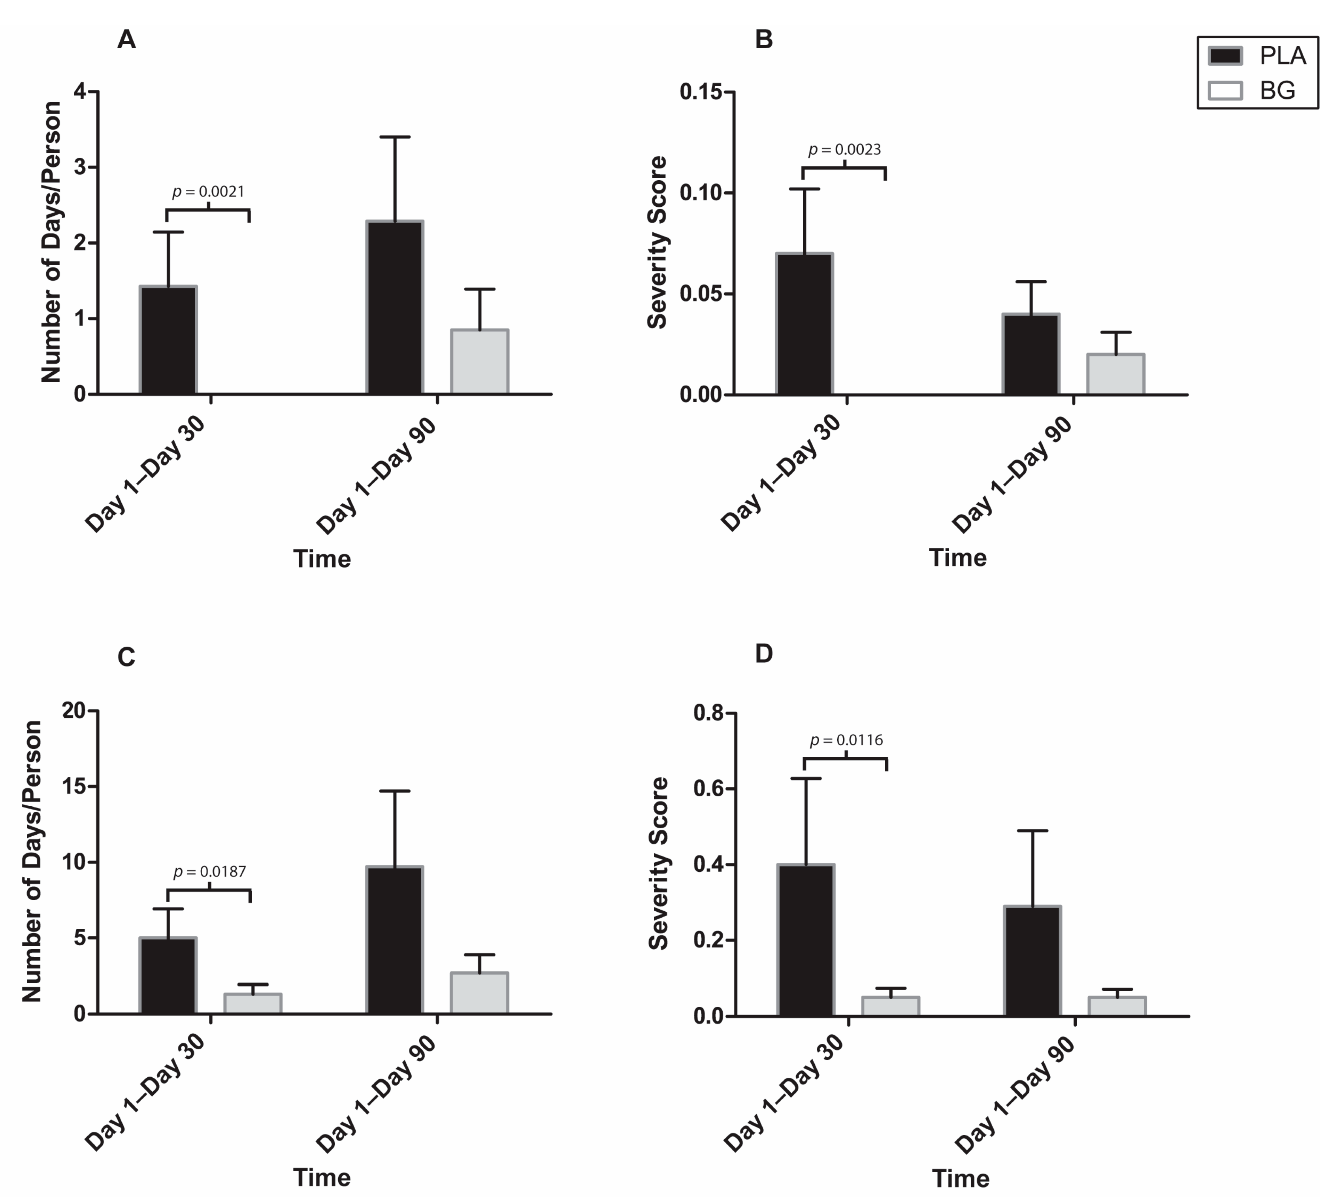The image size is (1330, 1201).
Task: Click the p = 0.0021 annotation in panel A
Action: pos(209,192)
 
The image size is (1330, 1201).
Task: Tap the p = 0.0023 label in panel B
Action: pos(844,150)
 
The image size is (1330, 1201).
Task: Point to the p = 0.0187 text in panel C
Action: pos(210,872)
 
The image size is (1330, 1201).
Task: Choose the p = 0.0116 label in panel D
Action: pos(846,740)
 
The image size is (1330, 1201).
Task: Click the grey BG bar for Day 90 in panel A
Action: pos(480,362)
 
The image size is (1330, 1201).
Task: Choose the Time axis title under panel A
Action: pos(322,559)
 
